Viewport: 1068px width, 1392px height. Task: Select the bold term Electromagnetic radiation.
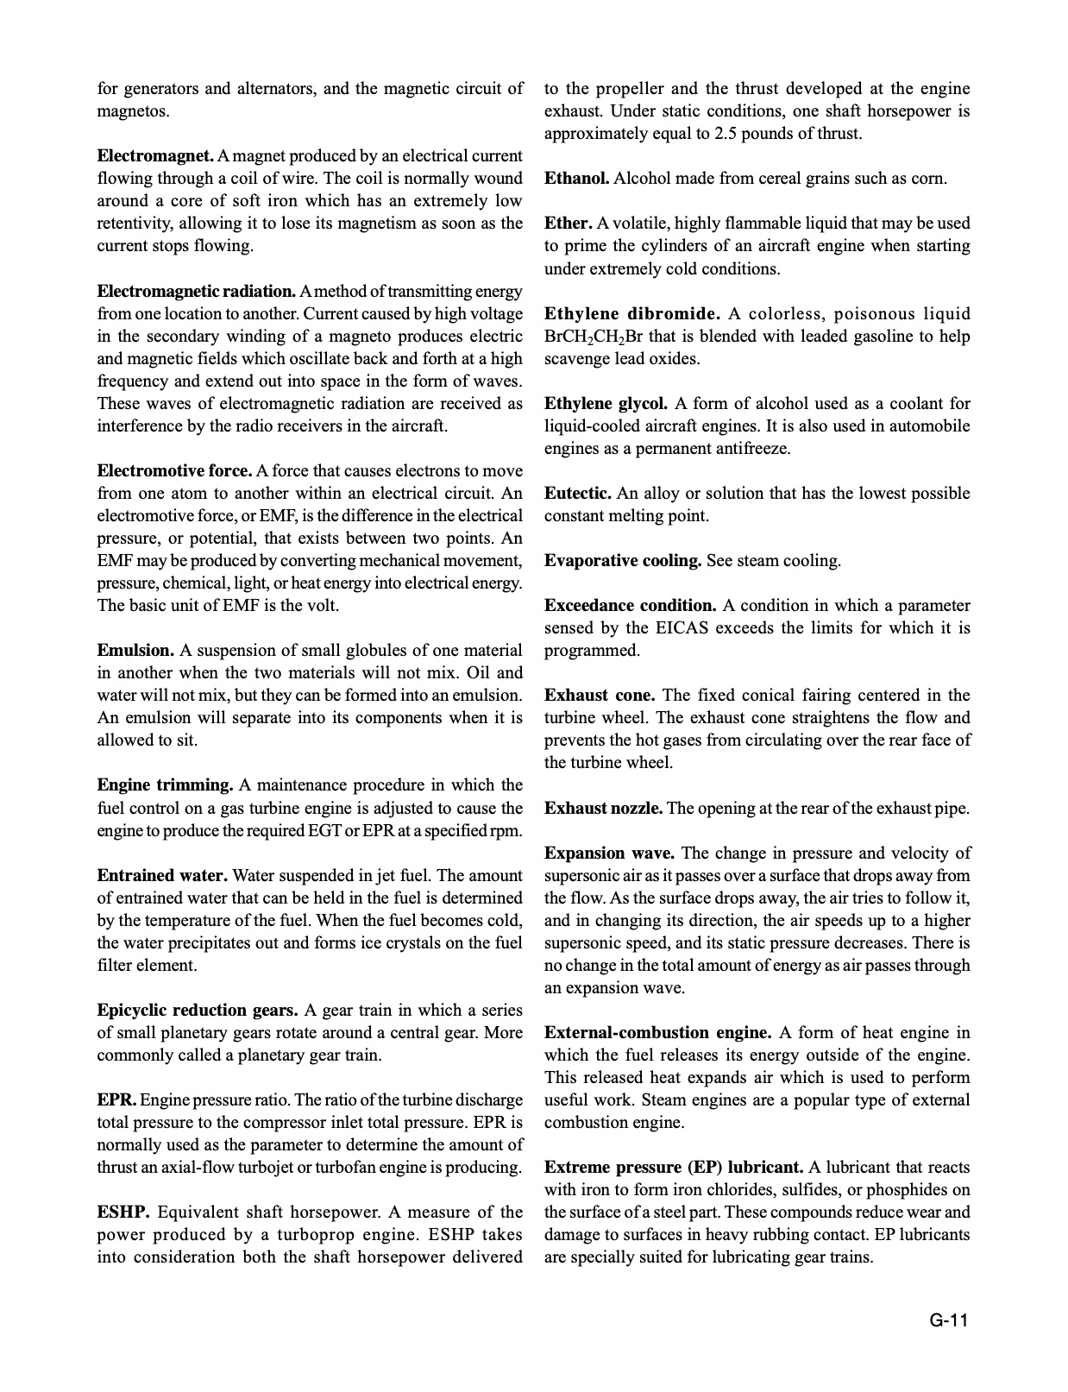coord(197,291)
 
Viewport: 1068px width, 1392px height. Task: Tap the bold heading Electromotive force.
coord(174,470)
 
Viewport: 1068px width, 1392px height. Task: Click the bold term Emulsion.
coord(135,650)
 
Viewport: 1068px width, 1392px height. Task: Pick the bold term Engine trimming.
coord(165,785)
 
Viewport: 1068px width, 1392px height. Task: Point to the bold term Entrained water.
coord(162,875)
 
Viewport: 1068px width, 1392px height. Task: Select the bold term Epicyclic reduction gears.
coord(198,1010)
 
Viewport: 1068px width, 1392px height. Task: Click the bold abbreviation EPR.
coord(116,1100)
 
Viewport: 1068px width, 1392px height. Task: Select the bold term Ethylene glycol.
coord(606,403)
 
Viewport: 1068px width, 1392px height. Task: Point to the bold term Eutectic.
coord(578,494)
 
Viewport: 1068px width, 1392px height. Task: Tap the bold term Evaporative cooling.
coord(622,561)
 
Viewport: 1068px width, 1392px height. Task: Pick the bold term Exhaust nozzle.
coord(603,809)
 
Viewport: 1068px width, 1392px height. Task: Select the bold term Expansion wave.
coord(609,853)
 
